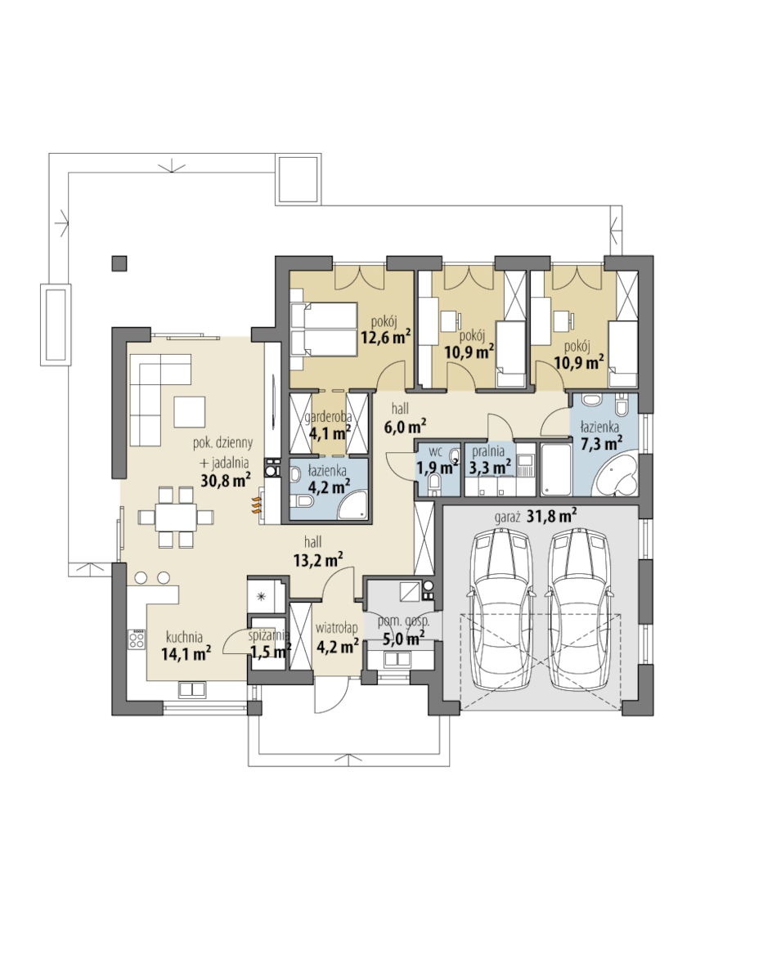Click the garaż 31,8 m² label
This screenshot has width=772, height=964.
[x=535, y=515]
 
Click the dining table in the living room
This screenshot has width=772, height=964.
[x=176, y=517]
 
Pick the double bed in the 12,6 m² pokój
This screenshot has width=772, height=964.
[x=324, y=329]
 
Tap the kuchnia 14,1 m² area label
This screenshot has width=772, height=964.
[x=186, y=647]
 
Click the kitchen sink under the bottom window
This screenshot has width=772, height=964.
[x=192, y=689]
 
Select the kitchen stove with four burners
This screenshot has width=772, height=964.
[x=137, y=640]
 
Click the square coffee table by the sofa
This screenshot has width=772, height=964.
[x=190, y=412]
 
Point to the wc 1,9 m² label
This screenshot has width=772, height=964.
[x=437, y=460]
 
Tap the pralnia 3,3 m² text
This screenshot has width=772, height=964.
[x=490, y=460]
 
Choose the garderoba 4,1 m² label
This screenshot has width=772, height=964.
[x=329, y=425]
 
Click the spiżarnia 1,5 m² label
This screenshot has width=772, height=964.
[x=269, y=643]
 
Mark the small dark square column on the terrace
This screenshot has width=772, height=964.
[x=119, y=263]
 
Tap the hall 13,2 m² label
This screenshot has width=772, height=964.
[x=317, y=551]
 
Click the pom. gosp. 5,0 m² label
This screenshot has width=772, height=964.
[x=403, y=630]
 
